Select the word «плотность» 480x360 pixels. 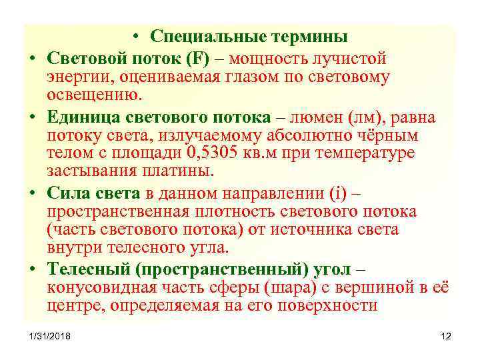[235, 211]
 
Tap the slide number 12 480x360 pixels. [446, 336]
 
